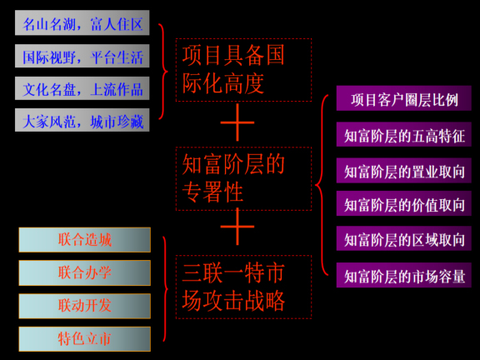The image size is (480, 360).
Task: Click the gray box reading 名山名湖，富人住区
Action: pyautogui.click(x=82, y=23)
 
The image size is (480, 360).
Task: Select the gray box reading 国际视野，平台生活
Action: pyautogui.click(x=82, y=57)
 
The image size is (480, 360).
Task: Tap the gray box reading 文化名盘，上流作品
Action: pyautogui.click(x=82, y=88)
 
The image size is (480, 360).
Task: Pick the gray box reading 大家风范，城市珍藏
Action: pyautogui.click(x=82, y=121)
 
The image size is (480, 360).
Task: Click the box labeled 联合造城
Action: pyautogui.click(x=84, y=240)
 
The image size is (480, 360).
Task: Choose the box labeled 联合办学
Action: pyautogui.click(x=84, y=272)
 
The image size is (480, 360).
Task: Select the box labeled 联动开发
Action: pyautogui.click(x=84, y=305)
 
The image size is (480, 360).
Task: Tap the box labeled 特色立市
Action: pyautogui.click(x=84, y=338)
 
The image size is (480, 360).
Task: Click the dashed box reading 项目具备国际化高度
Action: pyautogui.click(x=243, y=69)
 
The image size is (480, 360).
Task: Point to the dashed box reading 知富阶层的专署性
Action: pyautogui.click(x=243, y=177)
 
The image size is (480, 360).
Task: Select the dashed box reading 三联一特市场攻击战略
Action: pyautogui.click(x=243, y=287)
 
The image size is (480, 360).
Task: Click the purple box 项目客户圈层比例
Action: pyautogui.click(x=404, y=99)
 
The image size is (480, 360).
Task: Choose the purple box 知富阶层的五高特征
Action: pyautogui.click(x=404, y=134)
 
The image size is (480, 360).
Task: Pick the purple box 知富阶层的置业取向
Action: pyautogui.click(x=404, y=171)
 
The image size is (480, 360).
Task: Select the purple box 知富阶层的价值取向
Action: pyautogui.click(x=404, y=204)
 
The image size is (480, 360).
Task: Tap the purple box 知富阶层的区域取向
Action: pyautogui.click(x=404, y=239)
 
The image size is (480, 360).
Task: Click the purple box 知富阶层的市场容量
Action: pyautogui.click(x=404, y=275)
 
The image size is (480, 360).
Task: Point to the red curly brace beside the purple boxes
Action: pyautogui.click(x=323, y=185)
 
